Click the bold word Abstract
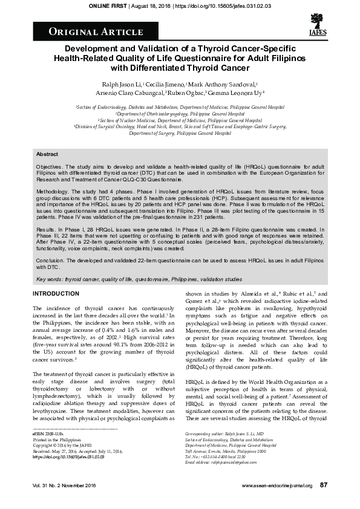tap(47, 155)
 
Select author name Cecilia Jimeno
tap(168, 84)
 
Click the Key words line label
tap(50, 280)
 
